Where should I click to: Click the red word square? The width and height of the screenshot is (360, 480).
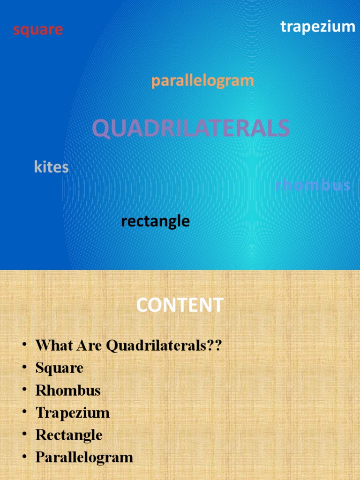click(38, 30)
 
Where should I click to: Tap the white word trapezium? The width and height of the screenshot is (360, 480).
click(318, 27)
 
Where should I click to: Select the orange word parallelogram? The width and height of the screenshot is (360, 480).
click(202, 81)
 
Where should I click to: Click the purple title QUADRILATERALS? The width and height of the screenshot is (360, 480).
click(191, 128)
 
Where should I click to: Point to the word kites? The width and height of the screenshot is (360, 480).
click(52, 167)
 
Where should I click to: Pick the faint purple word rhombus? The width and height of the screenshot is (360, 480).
click(313, 186)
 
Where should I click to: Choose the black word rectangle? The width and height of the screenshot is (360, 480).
click(155, 221)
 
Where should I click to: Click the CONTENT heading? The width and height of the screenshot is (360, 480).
click(180, 306)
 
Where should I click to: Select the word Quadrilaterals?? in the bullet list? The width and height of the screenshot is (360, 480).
click(163, 346)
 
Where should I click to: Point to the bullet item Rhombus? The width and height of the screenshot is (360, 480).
click(68, 390)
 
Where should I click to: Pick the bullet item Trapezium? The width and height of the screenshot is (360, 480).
click(73, 413)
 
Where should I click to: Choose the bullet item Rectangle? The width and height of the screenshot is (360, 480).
click(69, 435)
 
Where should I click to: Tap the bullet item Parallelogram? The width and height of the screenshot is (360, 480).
click(84, 457)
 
